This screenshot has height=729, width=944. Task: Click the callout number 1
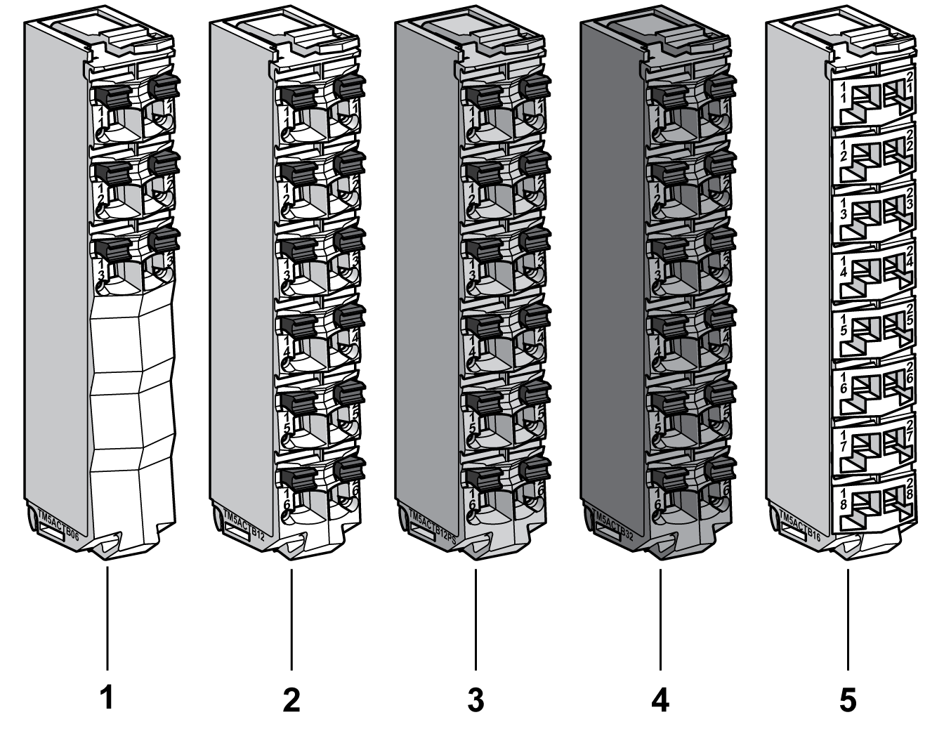107,699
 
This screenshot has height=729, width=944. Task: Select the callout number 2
291,700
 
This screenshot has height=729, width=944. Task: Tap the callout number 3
476,700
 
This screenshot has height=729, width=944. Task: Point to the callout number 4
660,700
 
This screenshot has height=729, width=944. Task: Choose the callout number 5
848,700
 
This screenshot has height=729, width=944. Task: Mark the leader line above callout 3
476,618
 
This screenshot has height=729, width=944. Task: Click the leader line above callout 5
848,618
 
